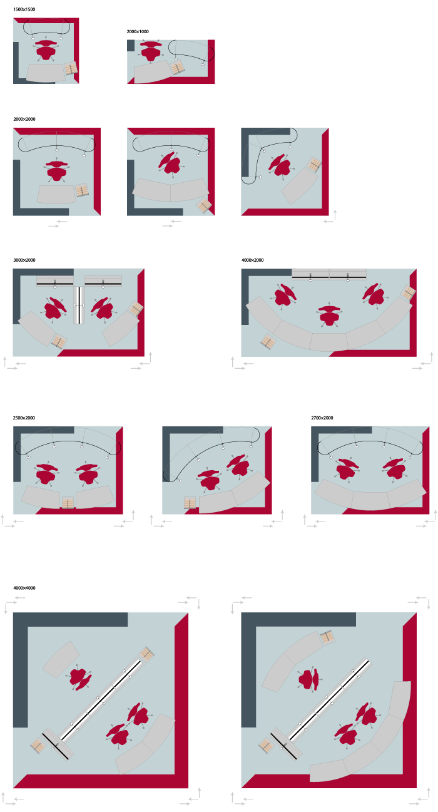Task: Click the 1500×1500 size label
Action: (24, 9)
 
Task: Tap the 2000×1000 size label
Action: (138, 31)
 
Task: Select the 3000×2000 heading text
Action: (24, 260)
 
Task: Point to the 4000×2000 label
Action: (253, 260)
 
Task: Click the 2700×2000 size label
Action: (322, 418)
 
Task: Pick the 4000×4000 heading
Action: (24, 588)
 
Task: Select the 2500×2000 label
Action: (24, 418)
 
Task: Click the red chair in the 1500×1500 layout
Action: (46, 49)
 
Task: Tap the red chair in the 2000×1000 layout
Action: (150, 51)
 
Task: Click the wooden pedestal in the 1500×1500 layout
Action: (71, 68)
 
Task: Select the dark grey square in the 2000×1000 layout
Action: (131, 46)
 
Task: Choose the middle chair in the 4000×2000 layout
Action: (329, 315)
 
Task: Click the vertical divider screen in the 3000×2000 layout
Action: (79, 306)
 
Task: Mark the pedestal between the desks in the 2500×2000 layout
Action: (68, 503)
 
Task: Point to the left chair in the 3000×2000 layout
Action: (54, 309)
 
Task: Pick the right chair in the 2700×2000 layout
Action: (395, 470)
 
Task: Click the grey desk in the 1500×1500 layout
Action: (46, 73)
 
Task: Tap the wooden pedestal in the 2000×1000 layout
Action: (177, 68)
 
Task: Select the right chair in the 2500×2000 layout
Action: (86, 473)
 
